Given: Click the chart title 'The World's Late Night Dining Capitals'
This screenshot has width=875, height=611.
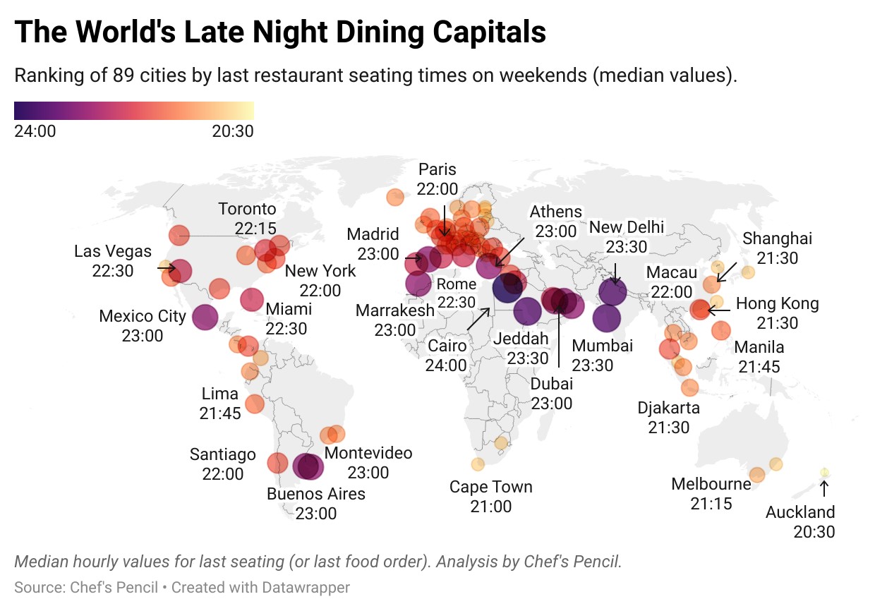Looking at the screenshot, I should click(280, 32).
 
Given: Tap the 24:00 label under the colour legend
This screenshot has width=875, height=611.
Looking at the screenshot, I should click(35, 131).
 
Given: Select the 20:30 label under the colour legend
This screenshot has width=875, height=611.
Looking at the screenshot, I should click(232, 131).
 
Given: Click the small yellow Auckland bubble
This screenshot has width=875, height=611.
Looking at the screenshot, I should click(823, 472).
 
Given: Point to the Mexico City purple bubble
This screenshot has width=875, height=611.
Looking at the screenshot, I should click(205, 317).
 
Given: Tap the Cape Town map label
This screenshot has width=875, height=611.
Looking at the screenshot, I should click(491, 496).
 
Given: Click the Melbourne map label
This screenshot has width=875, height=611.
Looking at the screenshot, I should click(711, 494).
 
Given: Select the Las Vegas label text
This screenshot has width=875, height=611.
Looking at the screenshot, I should click(113, 260).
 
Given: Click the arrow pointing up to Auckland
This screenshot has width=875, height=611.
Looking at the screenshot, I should click(823, 489).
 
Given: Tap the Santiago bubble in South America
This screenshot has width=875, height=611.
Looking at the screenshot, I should click(277, 463).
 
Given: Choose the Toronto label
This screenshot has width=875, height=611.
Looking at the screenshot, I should click(247, 218).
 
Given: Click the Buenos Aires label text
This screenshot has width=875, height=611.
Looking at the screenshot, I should click(315, 503).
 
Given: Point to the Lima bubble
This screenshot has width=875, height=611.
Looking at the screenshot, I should click(254, 404).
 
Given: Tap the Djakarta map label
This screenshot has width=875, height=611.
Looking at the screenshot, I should click(668, 417).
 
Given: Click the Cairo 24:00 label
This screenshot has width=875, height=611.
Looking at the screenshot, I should click(446, 355).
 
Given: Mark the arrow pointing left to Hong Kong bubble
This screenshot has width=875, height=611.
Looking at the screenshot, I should click(719, 310).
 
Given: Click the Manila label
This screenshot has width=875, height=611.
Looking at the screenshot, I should click(759, 356).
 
